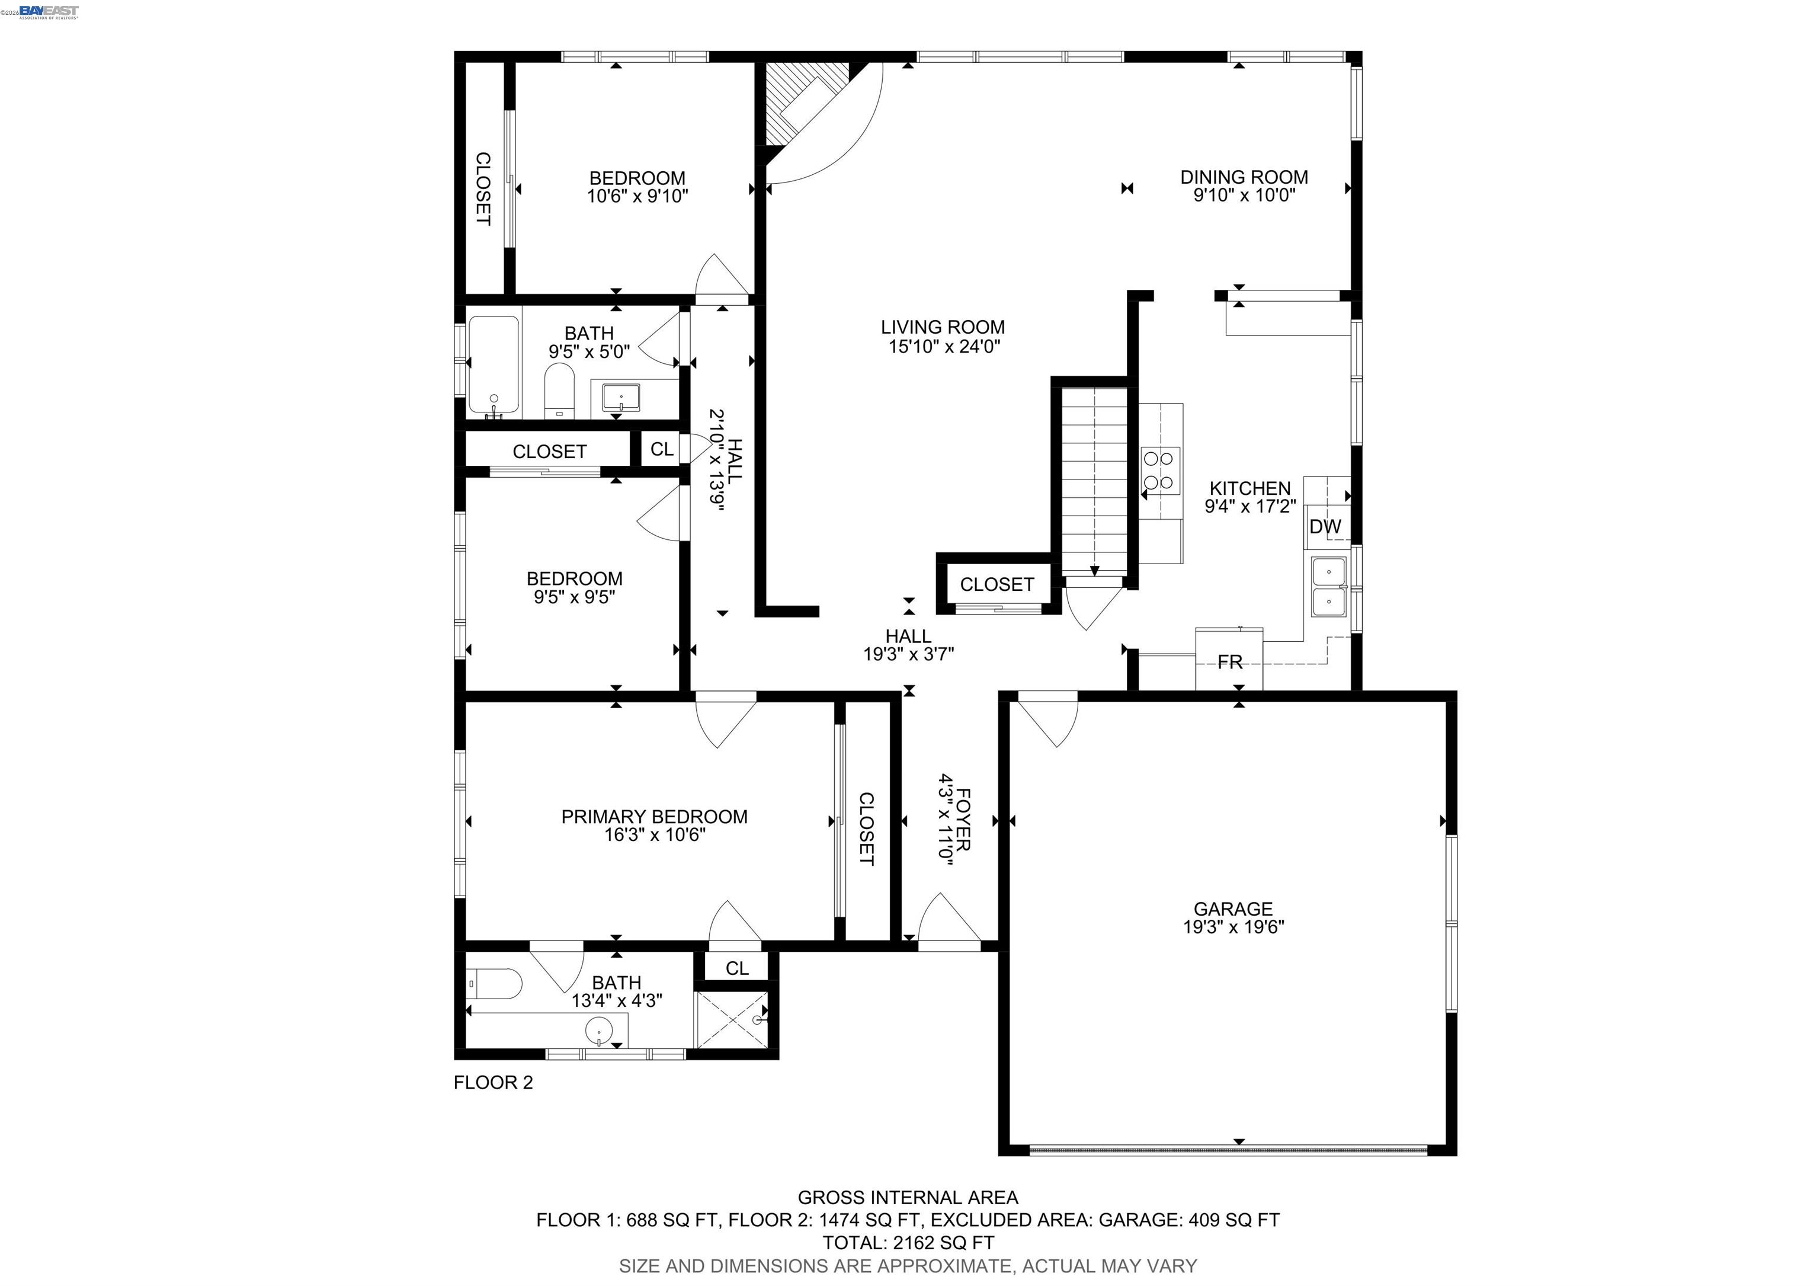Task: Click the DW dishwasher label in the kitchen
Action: tap(1325, 526)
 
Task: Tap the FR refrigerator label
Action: tap(1229, 662)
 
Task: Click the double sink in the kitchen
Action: tap(1328, 587)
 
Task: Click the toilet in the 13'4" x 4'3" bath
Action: tap(494, 986)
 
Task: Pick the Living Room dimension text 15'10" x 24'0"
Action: tap(943, 347)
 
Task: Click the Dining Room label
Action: tap(1244, 177)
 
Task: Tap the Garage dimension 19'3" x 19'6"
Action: tap(1233, 927)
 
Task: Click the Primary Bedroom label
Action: tap(654, 817)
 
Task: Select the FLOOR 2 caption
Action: tap(493, 1082)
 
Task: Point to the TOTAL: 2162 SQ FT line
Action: tap(908, 1242)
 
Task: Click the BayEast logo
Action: tap(49, 10)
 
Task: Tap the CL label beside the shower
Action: tap(736, 968)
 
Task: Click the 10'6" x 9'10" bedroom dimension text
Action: tap(637, 196)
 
